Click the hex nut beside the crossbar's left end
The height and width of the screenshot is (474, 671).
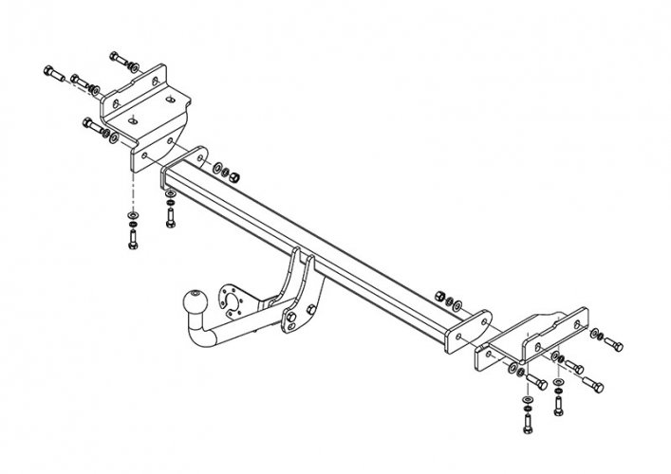point(233,176)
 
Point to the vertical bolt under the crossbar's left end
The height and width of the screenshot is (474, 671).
point(170,216)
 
